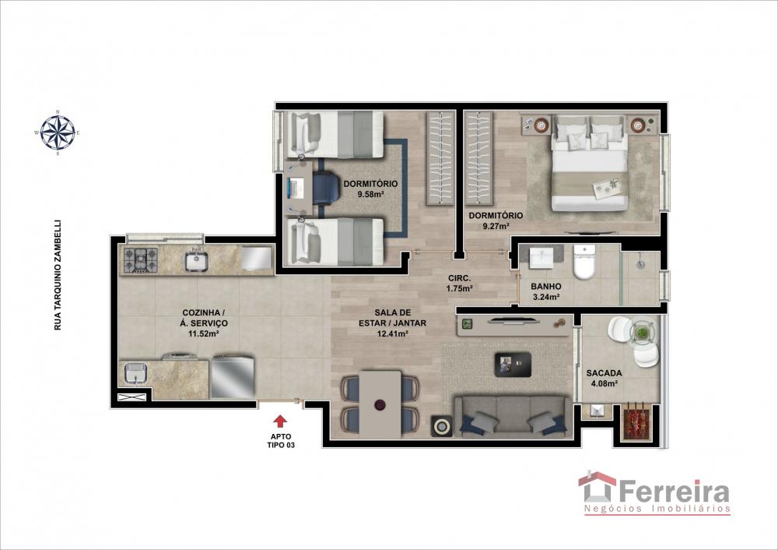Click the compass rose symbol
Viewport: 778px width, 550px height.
pyautogui.click(x=58, y=132)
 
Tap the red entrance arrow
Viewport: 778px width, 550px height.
pyautogui.click(x=280, y=421)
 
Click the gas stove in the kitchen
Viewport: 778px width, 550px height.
pyautogui.click(x=140, y=260)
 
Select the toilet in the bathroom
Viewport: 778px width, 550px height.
pyautogui.click(x=583, y=262)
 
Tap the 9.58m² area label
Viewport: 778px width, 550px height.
pyautogui.click(x=370, y=195)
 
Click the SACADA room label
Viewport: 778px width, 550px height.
pyautogui.click(x=604, y=373)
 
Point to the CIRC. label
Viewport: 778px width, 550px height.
pyautogui.click(x=460, y=279)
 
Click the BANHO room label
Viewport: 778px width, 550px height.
pyautogui.click(x=546, y=287)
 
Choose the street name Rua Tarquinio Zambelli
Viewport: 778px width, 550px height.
pyautogui.click(x=58, y=275)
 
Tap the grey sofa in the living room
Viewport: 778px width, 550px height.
pyautogui.click(x=513, y=416)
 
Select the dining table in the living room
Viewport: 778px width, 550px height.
pyautogui.click(x=380, y=404)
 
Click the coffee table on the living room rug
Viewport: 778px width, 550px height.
pyautogui.click(x=513, y=364)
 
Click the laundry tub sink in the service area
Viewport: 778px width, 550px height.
pyautogui.click(x=135, y=374)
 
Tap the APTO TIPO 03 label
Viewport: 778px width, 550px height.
pyautogui.click(x=281, y=441)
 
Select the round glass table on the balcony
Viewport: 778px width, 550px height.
pyautogui.click(x=643, y=333)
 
